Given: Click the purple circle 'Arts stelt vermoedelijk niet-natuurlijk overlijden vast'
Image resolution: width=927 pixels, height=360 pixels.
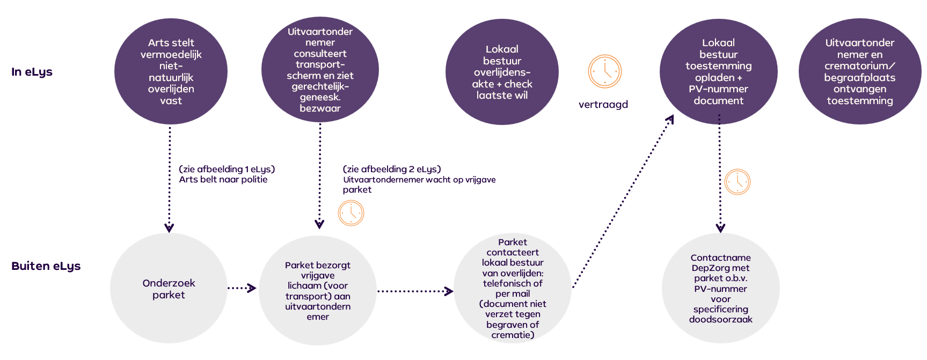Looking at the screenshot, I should click(171, 71).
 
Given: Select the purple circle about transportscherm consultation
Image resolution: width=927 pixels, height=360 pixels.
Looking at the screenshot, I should click(320, 70).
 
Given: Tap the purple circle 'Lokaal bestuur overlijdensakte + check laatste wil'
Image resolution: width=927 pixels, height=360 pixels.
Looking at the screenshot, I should click(502, 72).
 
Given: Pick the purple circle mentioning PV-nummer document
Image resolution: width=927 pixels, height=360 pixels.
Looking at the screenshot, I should click(718, 71).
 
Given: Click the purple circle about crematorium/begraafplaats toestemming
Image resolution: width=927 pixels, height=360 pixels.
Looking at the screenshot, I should click(859, 71).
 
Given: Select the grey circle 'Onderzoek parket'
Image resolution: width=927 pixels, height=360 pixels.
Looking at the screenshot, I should click(169, 289).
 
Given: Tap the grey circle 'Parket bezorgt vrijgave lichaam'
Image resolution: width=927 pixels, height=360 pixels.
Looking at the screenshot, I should click(318, 291).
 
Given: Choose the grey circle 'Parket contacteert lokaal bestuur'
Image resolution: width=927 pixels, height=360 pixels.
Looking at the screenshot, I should click(513, 289).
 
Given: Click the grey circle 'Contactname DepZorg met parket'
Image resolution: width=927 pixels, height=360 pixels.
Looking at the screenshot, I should click(720, 289).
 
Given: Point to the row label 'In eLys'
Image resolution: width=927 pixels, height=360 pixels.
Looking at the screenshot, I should click(32, 72).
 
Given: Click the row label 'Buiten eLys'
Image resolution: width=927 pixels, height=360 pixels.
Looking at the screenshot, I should click(46, 266).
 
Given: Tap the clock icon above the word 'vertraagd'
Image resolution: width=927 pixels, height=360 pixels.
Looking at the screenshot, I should click(604, 71).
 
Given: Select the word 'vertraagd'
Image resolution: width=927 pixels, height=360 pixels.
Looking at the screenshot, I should click(603, 105).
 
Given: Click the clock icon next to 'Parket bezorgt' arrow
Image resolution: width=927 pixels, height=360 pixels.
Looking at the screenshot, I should click(351, 213).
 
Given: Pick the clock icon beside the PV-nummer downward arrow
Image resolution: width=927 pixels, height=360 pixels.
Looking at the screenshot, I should click(737, 182).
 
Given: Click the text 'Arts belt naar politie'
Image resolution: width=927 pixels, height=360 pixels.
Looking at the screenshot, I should click(223, 180).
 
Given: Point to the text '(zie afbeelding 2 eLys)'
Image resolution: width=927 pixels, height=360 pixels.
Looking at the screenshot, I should click(392, 170).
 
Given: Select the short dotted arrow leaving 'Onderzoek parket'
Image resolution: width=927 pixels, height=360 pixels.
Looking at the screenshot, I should click(242, 288).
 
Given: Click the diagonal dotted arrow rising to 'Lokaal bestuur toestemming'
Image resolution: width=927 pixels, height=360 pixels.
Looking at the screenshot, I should click(623, 201).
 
